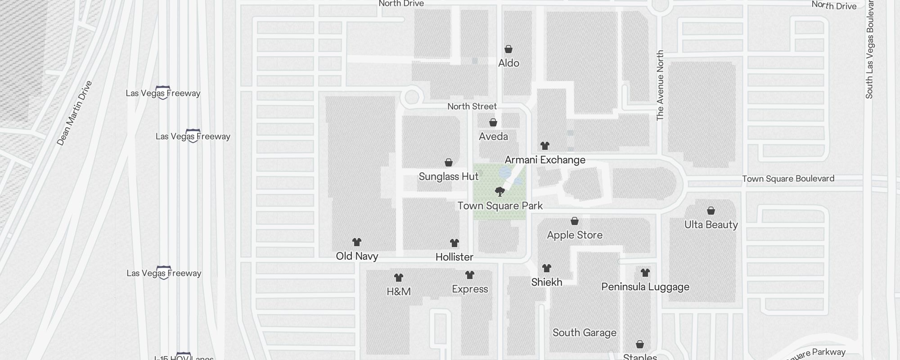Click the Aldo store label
[x=508, y=63]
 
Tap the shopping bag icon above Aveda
[x=493, y=122]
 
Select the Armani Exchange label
[x=545, y=160]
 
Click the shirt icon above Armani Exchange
[x=545, y=146]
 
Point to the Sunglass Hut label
[x=449, y=176]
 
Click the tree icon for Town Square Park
[x=499, y=192]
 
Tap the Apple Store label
[x=575, y=235]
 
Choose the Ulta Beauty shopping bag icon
[x=711, y=211]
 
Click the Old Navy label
[x=357, y=256]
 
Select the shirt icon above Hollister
[x=454, y=243]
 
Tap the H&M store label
[x=399, y=292]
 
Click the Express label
[x=470, y=289]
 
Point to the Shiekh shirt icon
[x=547, y=268]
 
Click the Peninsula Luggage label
[x=645, y=287]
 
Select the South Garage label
[x=585, y=333]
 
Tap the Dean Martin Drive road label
[x=74, y=113]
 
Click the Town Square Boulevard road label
[x=788, y=179]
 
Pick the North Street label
[x=472, y=106]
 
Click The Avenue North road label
[x=660, y=85]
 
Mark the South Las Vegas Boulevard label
[x=869, y=49]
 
